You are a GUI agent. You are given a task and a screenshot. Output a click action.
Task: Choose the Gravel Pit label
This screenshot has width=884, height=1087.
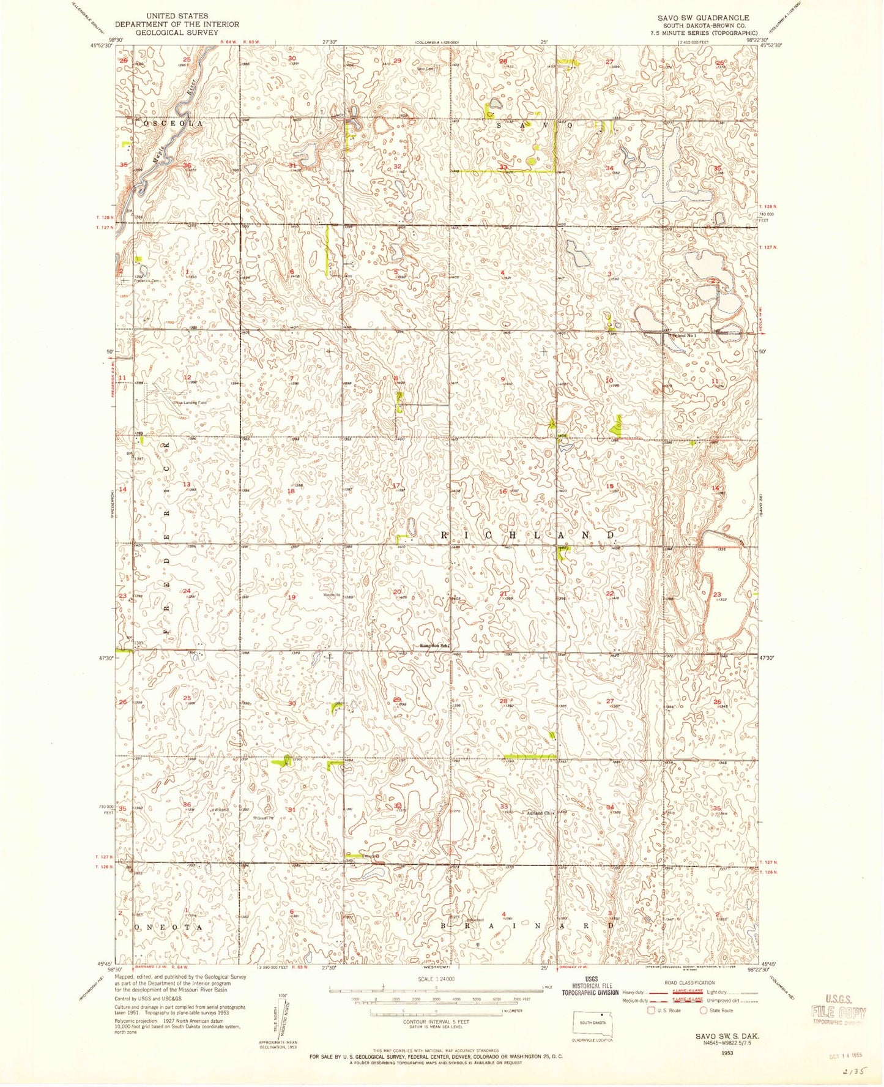tap(265, 817)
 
